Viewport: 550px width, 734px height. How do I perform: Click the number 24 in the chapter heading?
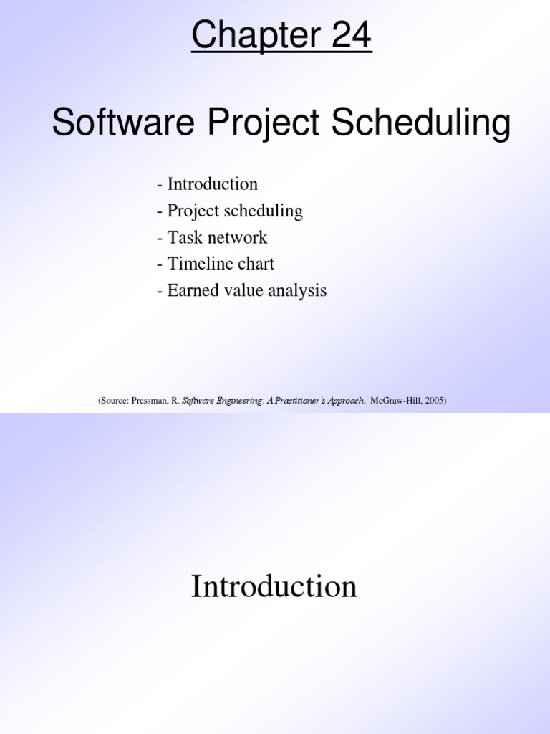coord(351,34)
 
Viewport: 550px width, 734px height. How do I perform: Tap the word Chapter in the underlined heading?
coord(256,35)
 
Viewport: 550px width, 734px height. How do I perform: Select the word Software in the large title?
coord(123,122)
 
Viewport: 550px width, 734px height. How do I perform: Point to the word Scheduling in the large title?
coord(421,123)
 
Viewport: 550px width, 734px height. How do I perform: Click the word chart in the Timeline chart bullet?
coord(256,264)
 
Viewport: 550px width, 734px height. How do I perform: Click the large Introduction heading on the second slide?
coord(274,586)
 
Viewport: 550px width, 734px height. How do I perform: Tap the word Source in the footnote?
coord(114,401)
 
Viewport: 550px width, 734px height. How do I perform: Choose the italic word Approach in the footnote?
coord(346,401)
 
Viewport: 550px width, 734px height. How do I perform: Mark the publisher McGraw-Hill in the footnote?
coord(396,401)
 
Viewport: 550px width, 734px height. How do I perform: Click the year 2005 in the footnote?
coord(434,401)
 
